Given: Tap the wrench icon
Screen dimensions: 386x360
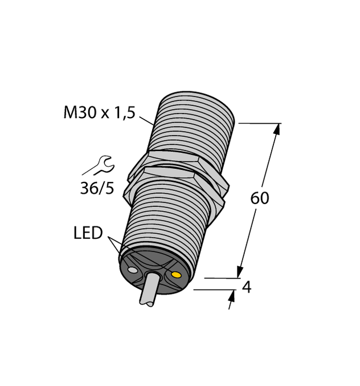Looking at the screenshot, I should coord(105,165).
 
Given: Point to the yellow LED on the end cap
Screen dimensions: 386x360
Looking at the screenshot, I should coord(177,276).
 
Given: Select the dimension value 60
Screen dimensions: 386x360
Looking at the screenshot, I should coord(260,198).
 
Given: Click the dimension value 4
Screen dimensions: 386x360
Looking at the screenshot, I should coord(247,287).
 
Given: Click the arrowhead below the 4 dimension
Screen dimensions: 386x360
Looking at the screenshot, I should coord(232,296).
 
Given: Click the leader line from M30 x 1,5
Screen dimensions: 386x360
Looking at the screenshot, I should coord(146,120).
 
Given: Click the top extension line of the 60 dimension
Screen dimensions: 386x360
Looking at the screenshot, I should coord(259,123).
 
